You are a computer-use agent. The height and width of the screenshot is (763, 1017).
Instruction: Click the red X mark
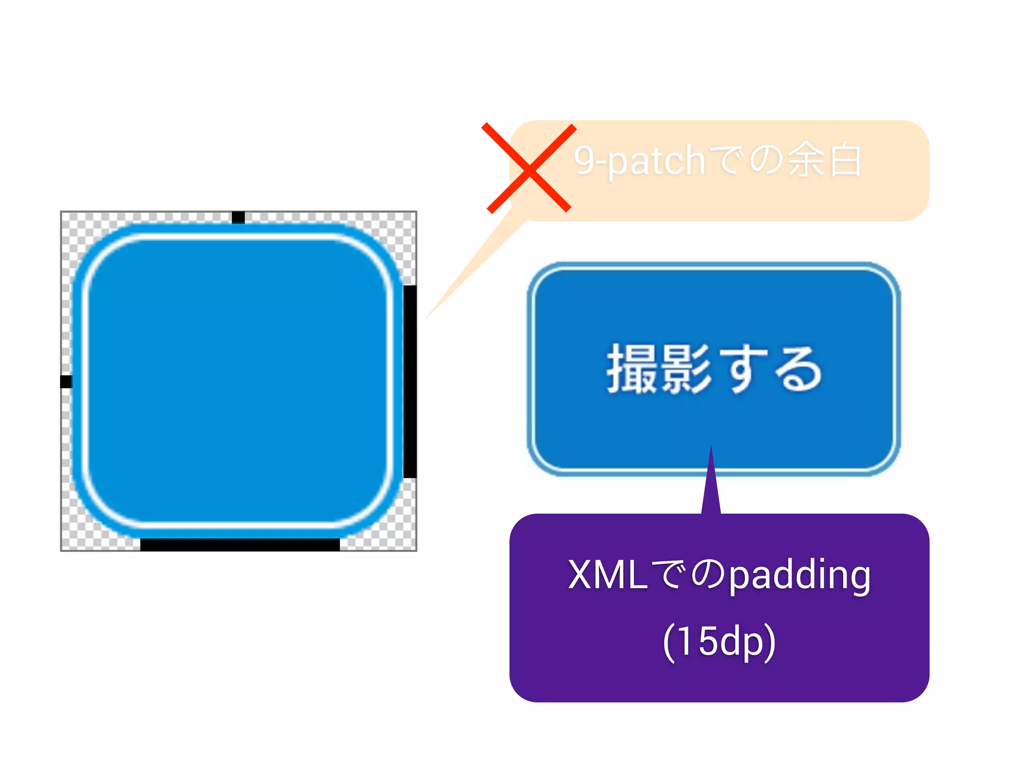click(x=529, y=168)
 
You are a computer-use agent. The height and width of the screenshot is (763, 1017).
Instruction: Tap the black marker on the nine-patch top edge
click(x=238, y=218)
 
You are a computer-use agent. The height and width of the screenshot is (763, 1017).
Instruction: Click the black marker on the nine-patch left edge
click(x=67, y=381)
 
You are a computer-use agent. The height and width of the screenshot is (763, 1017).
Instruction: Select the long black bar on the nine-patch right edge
click(x=410, y=381)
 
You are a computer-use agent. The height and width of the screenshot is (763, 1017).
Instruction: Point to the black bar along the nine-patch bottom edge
click(x=240, y=544)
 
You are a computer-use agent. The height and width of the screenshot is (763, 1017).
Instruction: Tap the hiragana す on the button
click(x=743, y=370)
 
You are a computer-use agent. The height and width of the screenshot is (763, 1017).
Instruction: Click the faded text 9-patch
click(x=640, y=161)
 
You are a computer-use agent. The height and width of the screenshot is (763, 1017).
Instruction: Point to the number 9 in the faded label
click(x=584, y=160)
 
